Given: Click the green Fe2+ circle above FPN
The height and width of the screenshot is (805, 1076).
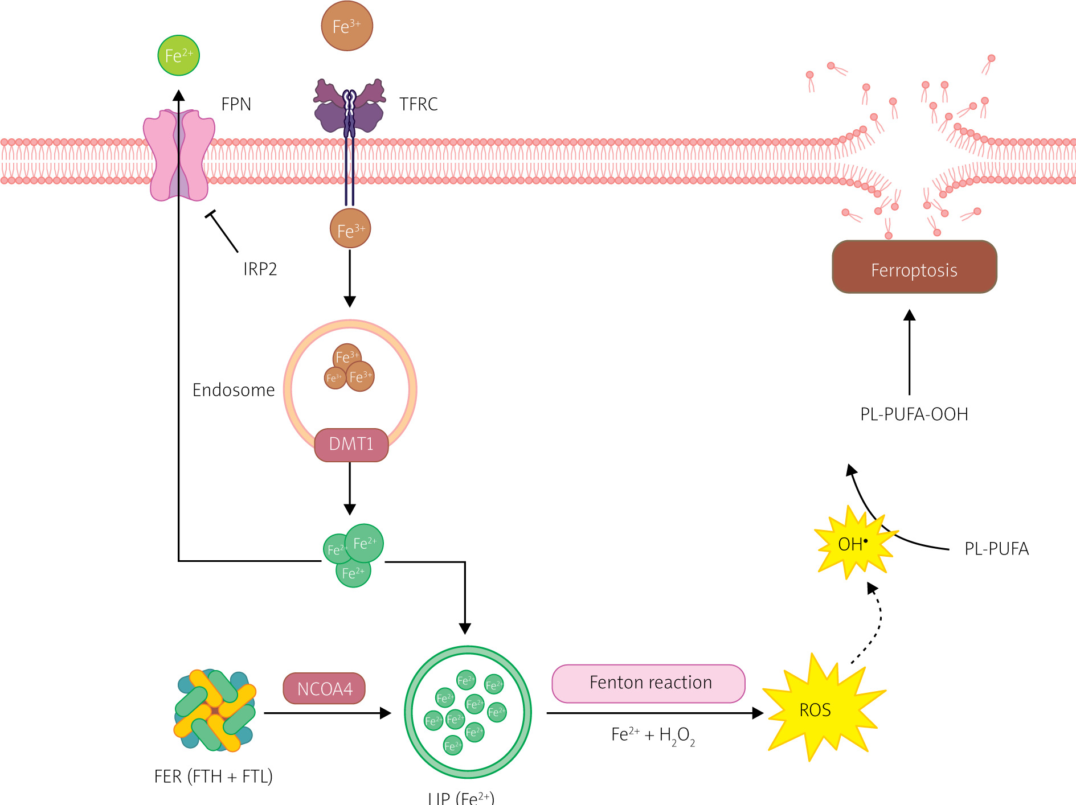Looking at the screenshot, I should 179,55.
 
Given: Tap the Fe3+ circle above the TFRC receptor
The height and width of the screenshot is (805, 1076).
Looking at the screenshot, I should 347,26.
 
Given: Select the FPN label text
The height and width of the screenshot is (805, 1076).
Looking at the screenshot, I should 236,104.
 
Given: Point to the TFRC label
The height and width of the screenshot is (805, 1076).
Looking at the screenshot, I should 418,104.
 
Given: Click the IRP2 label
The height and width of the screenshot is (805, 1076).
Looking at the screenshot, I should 260,269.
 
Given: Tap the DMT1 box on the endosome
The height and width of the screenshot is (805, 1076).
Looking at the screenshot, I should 351,444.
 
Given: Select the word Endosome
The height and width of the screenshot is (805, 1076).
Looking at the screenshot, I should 234,390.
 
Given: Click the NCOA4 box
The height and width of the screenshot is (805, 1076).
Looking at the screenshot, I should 325,689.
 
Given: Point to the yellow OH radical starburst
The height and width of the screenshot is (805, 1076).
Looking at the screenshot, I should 852,544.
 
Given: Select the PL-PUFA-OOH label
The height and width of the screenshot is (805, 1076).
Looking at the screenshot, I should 914,414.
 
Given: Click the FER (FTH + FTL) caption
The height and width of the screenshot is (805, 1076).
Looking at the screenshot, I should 214,777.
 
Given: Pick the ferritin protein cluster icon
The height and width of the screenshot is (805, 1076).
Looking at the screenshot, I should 215,710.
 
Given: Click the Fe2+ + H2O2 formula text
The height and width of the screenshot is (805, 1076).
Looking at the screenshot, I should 653,735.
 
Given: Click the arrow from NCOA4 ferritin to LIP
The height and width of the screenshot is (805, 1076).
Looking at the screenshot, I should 328,713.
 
